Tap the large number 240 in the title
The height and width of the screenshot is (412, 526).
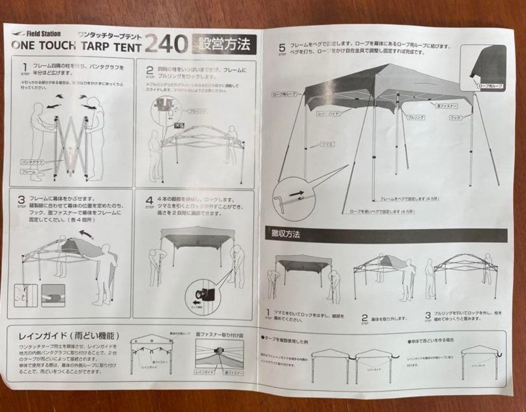pyautogui.click(x=166, y=45)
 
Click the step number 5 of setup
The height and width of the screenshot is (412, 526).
pyautogui.click(x=282, y=48)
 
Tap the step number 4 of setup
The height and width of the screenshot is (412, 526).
pyautogui.click(x=150, y=200)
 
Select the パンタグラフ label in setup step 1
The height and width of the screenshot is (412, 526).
pyautogui.click(x=33, y=161)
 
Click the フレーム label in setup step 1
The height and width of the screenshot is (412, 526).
pyautogui.click(x=28, y=172)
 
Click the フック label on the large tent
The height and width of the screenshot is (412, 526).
pyautogui.click(x=455, y=117)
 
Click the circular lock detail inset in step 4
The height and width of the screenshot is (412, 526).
pyautogui.click(x=205, y=293)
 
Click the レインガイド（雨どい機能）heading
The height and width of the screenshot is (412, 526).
pyautogui.click(x=68, y=336)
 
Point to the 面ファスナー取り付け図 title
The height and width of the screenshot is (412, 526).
pyautogui.click(x=219, y=335)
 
